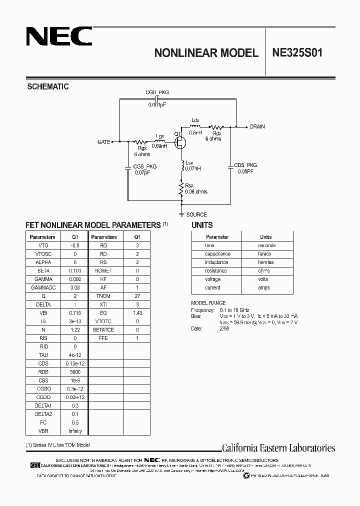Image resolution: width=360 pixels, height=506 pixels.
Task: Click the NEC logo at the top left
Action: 58,36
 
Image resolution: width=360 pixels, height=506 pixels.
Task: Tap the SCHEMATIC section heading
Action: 47,86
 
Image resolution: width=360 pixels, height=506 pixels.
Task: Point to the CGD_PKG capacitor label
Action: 157,92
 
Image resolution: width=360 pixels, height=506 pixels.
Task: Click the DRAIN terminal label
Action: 257,126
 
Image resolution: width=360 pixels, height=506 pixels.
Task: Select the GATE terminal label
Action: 103,142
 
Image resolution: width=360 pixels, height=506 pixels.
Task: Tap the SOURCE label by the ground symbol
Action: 196,214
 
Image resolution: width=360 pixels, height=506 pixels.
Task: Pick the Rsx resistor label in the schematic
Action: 189,186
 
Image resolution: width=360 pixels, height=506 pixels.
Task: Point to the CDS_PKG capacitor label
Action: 245,165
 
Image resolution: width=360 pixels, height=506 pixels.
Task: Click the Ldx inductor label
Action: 195,120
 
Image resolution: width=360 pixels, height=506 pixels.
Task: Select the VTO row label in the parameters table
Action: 42,245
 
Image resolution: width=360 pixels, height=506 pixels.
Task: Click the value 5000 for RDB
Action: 75,372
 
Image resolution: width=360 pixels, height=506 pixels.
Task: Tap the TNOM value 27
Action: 136,296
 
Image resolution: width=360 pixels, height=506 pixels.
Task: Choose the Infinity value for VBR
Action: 75,431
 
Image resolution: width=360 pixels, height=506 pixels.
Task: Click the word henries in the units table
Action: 265,262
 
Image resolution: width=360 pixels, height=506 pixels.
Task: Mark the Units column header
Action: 265,237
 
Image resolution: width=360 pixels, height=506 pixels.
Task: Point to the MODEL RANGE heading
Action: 208,303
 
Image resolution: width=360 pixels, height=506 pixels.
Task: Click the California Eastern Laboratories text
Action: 278,448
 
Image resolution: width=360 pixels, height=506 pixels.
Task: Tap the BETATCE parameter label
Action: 103,330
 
